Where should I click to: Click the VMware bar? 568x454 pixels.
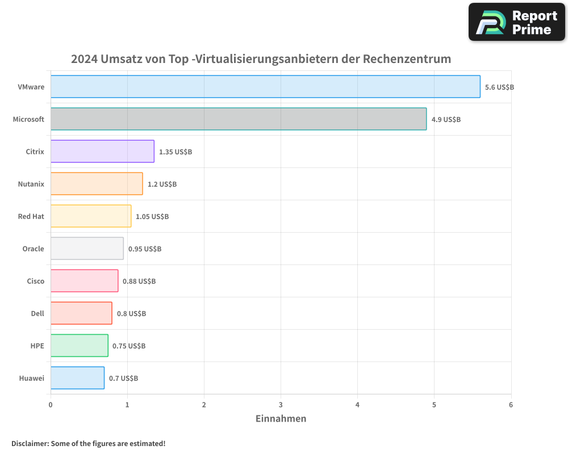[265, 87]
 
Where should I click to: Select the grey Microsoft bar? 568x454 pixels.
[239, 119]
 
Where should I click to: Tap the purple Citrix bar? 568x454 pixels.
[102, 152]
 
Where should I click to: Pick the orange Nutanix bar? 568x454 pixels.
[97, 184]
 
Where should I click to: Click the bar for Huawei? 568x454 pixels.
[77, 378]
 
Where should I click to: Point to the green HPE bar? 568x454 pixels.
[79, 346]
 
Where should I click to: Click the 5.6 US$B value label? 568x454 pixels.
[499, 87]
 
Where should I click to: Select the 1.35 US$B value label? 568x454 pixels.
[176, 152]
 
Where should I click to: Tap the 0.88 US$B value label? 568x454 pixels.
[139, 281]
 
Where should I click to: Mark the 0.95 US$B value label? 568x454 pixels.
[144, 249]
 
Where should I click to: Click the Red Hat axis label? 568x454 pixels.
[31, 216]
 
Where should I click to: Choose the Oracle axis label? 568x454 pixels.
[33, 249]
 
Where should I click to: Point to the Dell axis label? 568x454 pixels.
[37, 313]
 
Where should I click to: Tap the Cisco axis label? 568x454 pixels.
[35, 281]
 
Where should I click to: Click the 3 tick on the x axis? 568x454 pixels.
[281, 405]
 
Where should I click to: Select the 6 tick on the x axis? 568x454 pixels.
[511, 405]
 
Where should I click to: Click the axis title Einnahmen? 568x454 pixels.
[281, 419]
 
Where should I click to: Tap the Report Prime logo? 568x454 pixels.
[516, 22]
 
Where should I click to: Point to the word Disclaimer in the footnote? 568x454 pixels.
[30, 443]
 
